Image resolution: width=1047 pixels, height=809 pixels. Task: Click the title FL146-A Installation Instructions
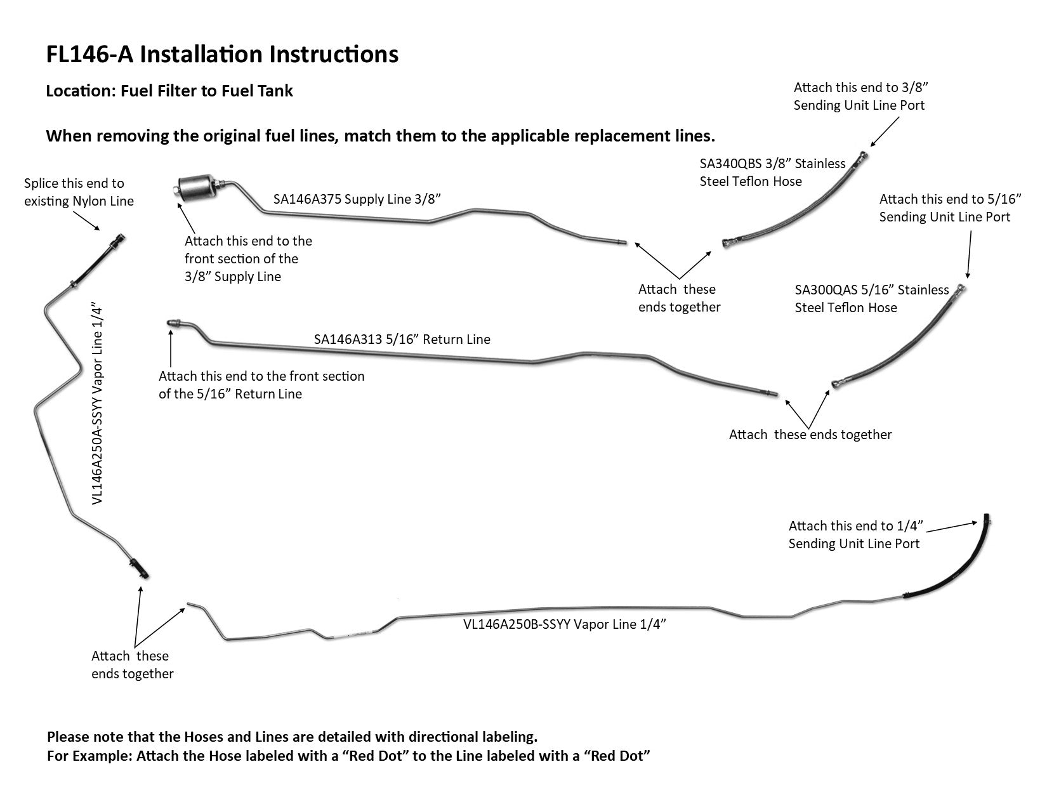[x=222, y=55]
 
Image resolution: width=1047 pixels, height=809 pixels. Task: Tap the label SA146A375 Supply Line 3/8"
[x=357, y=199]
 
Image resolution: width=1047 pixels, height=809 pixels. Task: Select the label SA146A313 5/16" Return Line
[x=402, y=339]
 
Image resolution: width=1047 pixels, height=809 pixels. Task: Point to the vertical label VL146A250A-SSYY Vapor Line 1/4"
[x=97, y=404]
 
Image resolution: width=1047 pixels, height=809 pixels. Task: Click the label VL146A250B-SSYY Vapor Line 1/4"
[x=564, y=624]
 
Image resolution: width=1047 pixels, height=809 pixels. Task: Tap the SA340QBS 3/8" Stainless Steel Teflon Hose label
[x=772, y=173]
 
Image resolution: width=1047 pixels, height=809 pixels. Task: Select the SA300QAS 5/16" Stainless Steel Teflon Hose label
[x=871, y=299]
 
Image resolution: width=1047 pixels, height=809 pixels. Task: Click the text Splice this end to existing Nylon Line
[x=79, y=192]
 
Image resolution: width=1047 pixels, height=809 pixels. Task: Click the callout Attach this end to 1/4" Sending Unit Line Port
[x=855, y=534]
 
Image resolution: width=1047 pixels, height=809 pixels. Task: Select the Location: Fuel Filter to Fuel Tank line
[x=169, y=91]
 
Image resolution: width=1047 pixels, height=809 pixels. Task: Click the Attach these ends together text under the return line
[x=810, y=435]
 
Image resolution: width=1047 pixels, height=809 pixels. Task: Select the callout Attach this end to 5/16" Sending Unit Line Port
[x=950, y=208]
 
